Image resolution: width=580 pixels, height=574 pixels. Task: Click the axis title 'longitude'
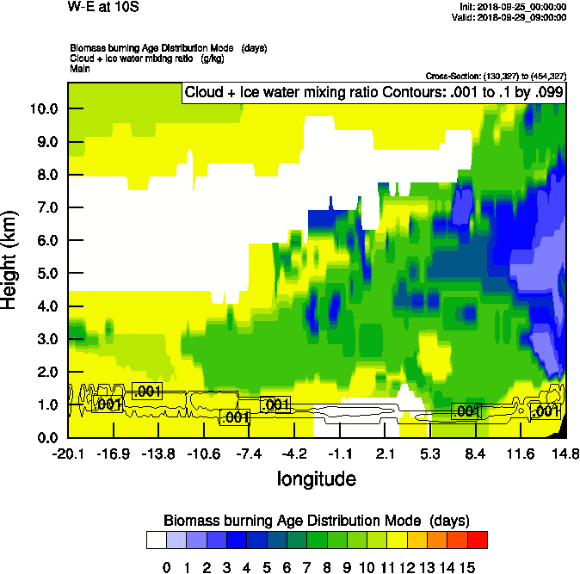(316, 478)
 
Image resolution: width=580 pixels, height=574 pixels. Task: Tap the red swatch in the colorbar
(478, 540)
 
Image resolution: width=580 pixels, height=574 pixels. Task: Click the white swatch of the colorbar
(156, 540)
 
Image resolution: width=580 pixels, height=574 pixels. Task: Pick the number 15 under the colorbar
(467, 567)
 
